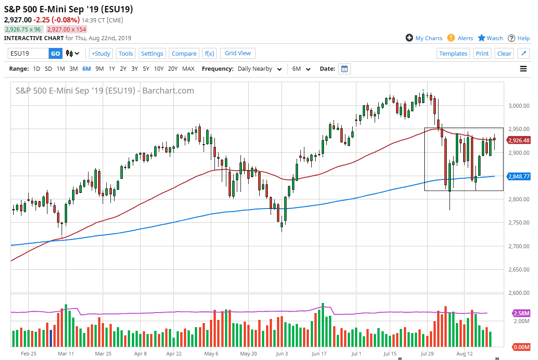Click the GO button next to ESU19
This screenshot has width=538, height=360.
(55, 53)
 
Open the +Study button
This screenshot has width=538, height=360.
(101, 53)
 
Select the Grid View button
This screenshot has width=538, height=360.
(238, 53)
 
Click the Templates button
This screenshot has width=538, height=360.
(453, 53)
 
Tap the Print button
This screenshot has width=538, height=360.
(482, 53)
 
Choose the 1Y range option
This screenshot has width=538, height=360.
(112, 69)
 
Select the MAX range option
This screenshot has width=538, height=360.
(188, 69)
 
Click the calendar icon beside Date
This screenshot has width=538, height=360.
(345, 69)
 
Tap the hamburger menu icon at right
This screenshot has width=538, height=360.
(523, 69)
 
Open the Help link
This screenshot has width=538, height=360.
(523, 38)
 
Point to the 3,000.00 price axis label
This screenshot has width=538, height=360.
(519, 106)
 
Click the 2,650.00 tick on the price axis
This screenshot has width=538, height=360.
(519, 270)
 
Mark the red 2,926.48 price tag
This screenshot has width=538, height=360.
(519, 141)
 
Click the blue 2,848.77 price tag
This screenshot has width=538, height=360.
(519, 176)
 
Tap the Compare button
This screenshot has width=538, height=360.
(184, 53)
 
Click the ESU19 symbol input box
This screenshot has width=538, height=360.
(28, 53)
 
